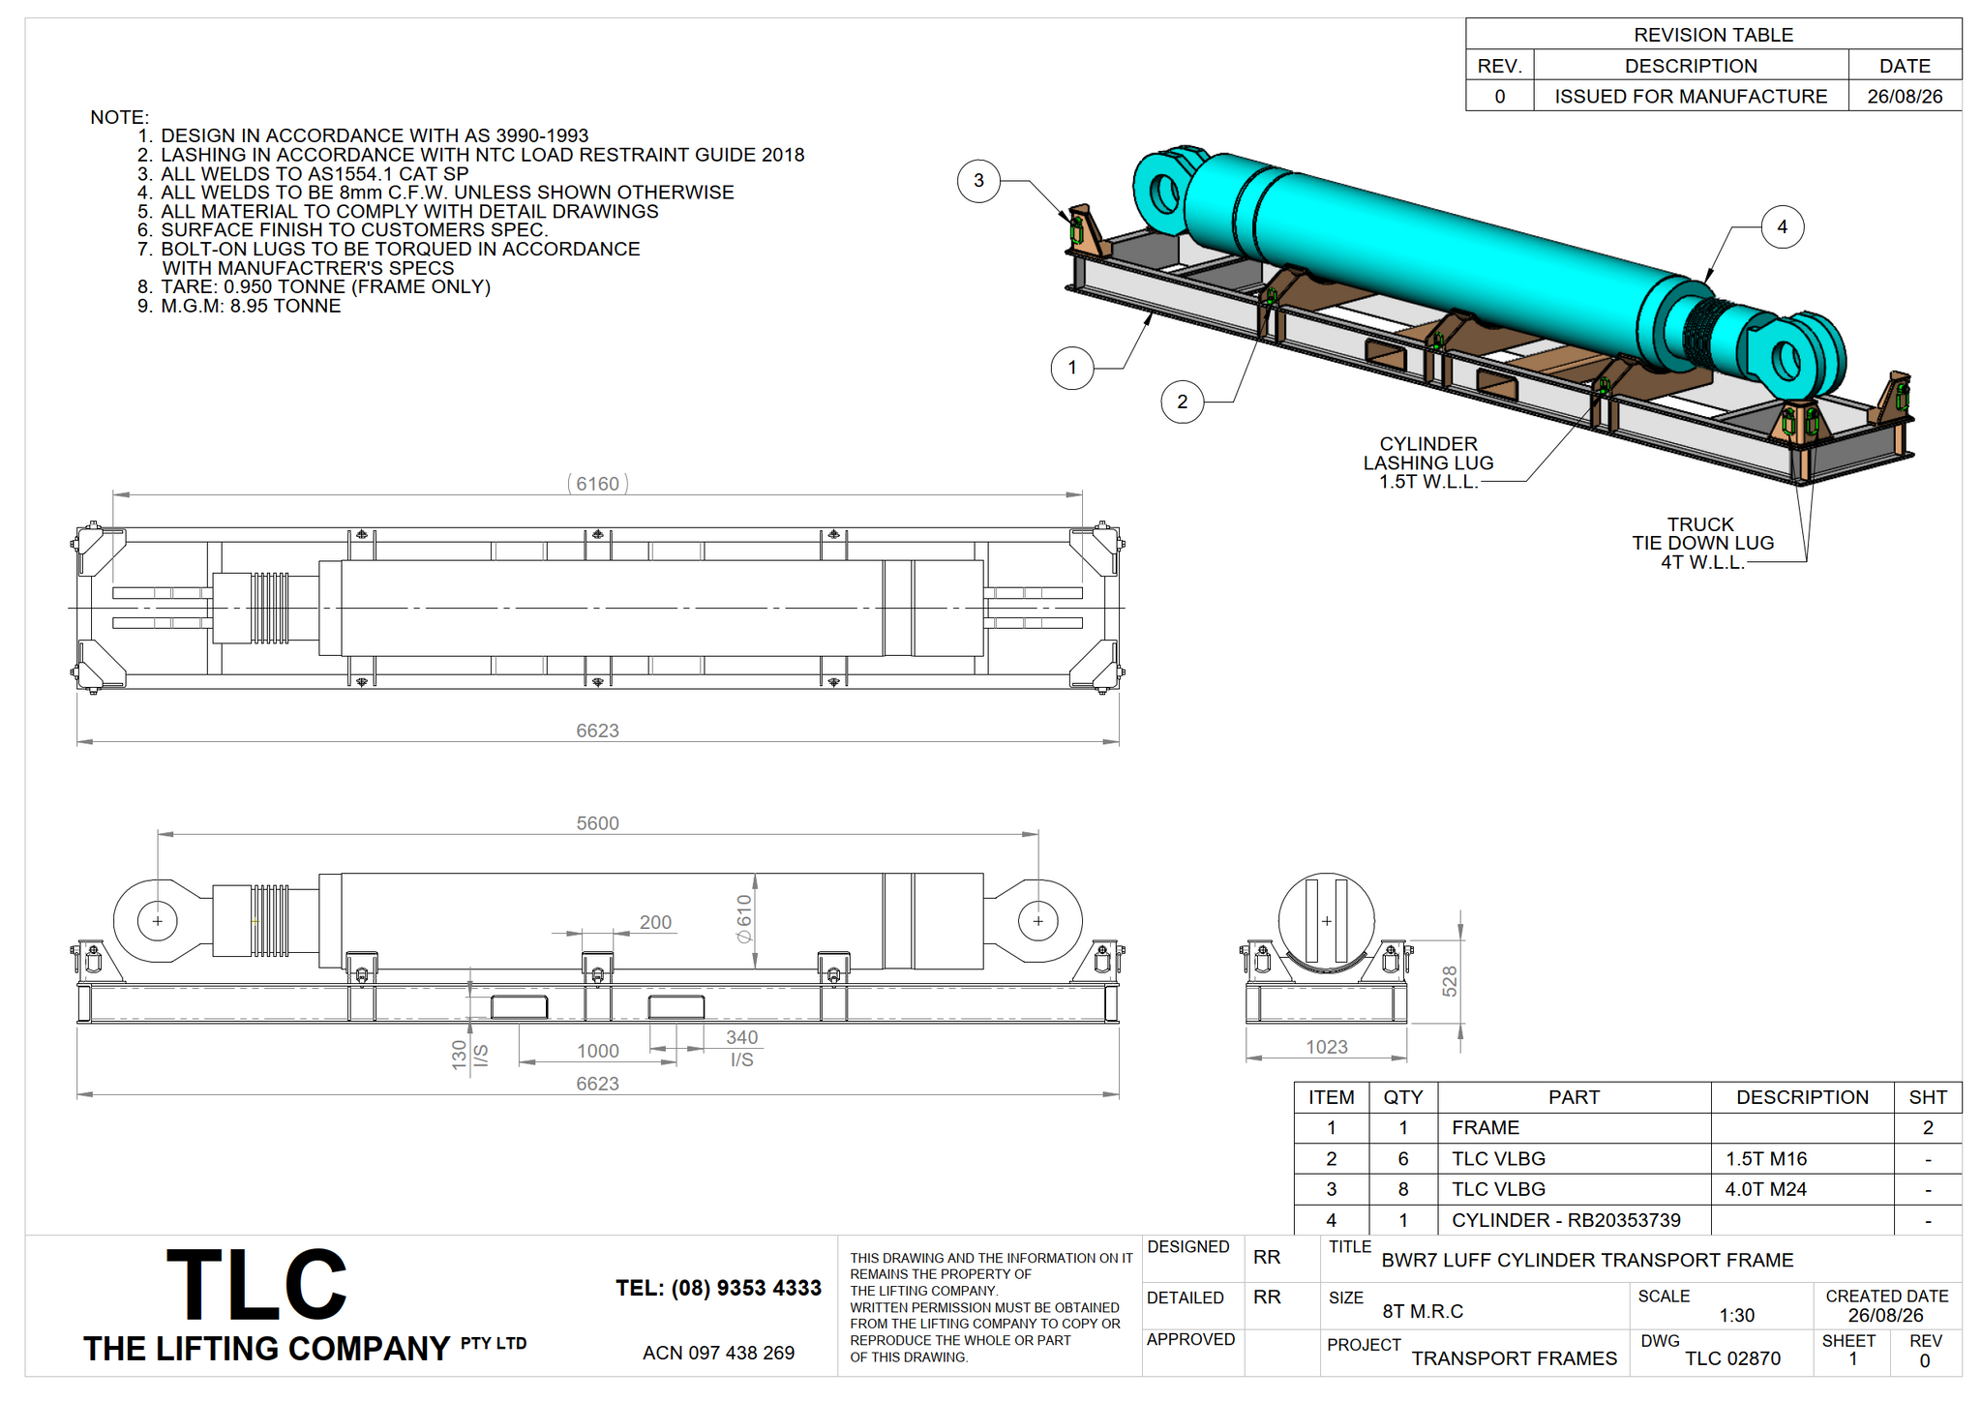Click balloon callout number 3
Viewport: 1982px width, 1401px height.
pyautogui.click(x=978, y=181)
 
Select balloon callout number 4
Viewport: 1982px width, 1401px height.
pyautogui.click(x=1782, y=227)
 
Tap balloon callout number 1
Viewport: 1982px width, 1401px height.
pyautogui.click(x=1072, y=368)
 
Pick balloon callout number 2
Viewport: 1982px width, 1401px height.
pyautogui.click(x=1182, y=402)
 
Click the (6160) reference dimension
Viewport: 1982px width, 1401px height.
pyautogui.click(x=597, y=484)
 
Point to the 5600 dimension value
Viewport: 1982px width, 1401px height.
pyautogui.click(x=597, y=823)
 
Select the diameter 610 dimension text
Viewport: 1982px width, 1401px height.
pyautogui.click(x=743, y=919)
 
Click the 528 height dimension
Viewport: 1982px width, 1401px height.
pyautogui.click(x=1449, y=981)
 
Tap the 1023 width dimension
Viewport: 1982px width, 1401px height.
pyautogui.click(x=1326, y=1047)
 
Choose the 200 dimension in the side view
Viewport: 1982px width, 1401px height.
pyautogui.click(x=655, y=922)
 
